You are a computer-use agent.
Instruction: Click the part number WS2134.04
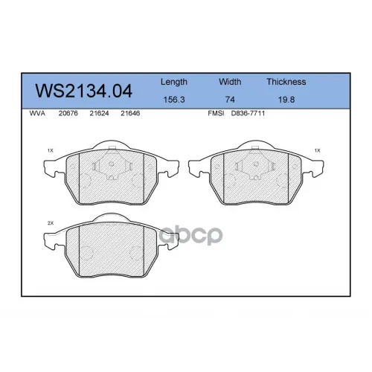click(83, 91)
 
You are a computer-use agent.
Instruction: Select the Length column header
click(174, 82)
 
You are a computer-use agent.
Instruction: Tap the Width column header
click(230, 82)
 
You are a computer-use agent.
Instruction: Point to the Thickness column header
click(286, 82)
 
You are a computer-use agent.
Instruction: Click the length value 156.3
click(174, 100)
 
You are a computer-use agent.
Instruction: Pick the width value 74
click(230, 100)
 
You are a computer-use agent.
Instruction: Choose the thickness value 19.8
click(286, 100)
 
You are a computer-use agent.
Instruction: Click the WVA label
click(37, 113)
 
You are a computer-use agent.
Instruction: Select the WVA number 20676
click(68, 113)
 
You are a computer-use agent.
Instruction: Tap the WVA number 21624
click(99, 113)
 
